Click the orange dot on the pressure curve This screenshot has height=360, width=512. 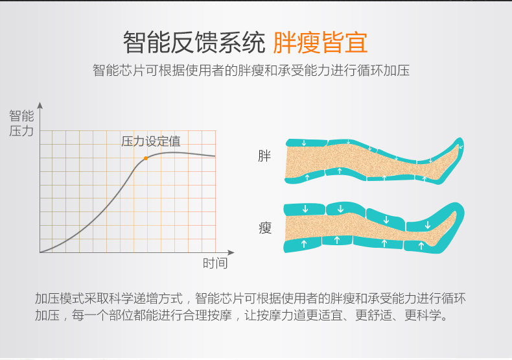(146, 158)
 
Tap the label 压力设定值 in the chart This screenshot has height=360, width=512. (151, 141)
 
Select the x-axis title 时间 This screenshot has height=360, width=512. (215, 263)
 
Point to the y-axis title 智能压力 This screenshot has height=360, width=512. (21, 123)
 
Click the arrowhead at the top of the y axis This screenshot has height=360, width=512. (40, 105)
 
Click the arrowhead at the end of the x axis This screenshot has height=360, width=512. (231, 252)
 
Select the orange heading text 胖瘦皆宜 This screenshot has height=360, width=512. (320, 42)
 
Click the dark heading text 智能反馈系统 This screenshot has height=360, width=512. (194, 42)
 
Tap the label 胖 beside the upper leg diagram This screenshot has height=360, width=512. (264, 156)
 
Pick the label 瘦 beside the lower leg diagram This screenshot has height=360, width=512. (265, 228)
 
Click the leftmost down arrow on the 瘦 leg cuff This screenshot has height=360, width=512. (305, 209)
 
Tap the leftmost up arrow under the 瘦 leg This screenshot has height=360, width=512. (304, 244)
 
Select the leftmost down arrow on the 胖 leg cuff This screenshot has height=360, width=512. (305, 143)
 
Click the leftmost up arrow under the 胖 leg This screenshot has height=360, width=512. (307, 177)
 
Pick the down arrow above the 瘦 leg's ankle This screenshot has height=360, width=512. (428, 225)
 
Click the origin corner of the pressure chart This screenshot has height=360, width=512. (40, 252)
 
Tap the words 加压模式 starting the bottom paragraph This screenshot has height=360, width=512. (60, 298)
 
